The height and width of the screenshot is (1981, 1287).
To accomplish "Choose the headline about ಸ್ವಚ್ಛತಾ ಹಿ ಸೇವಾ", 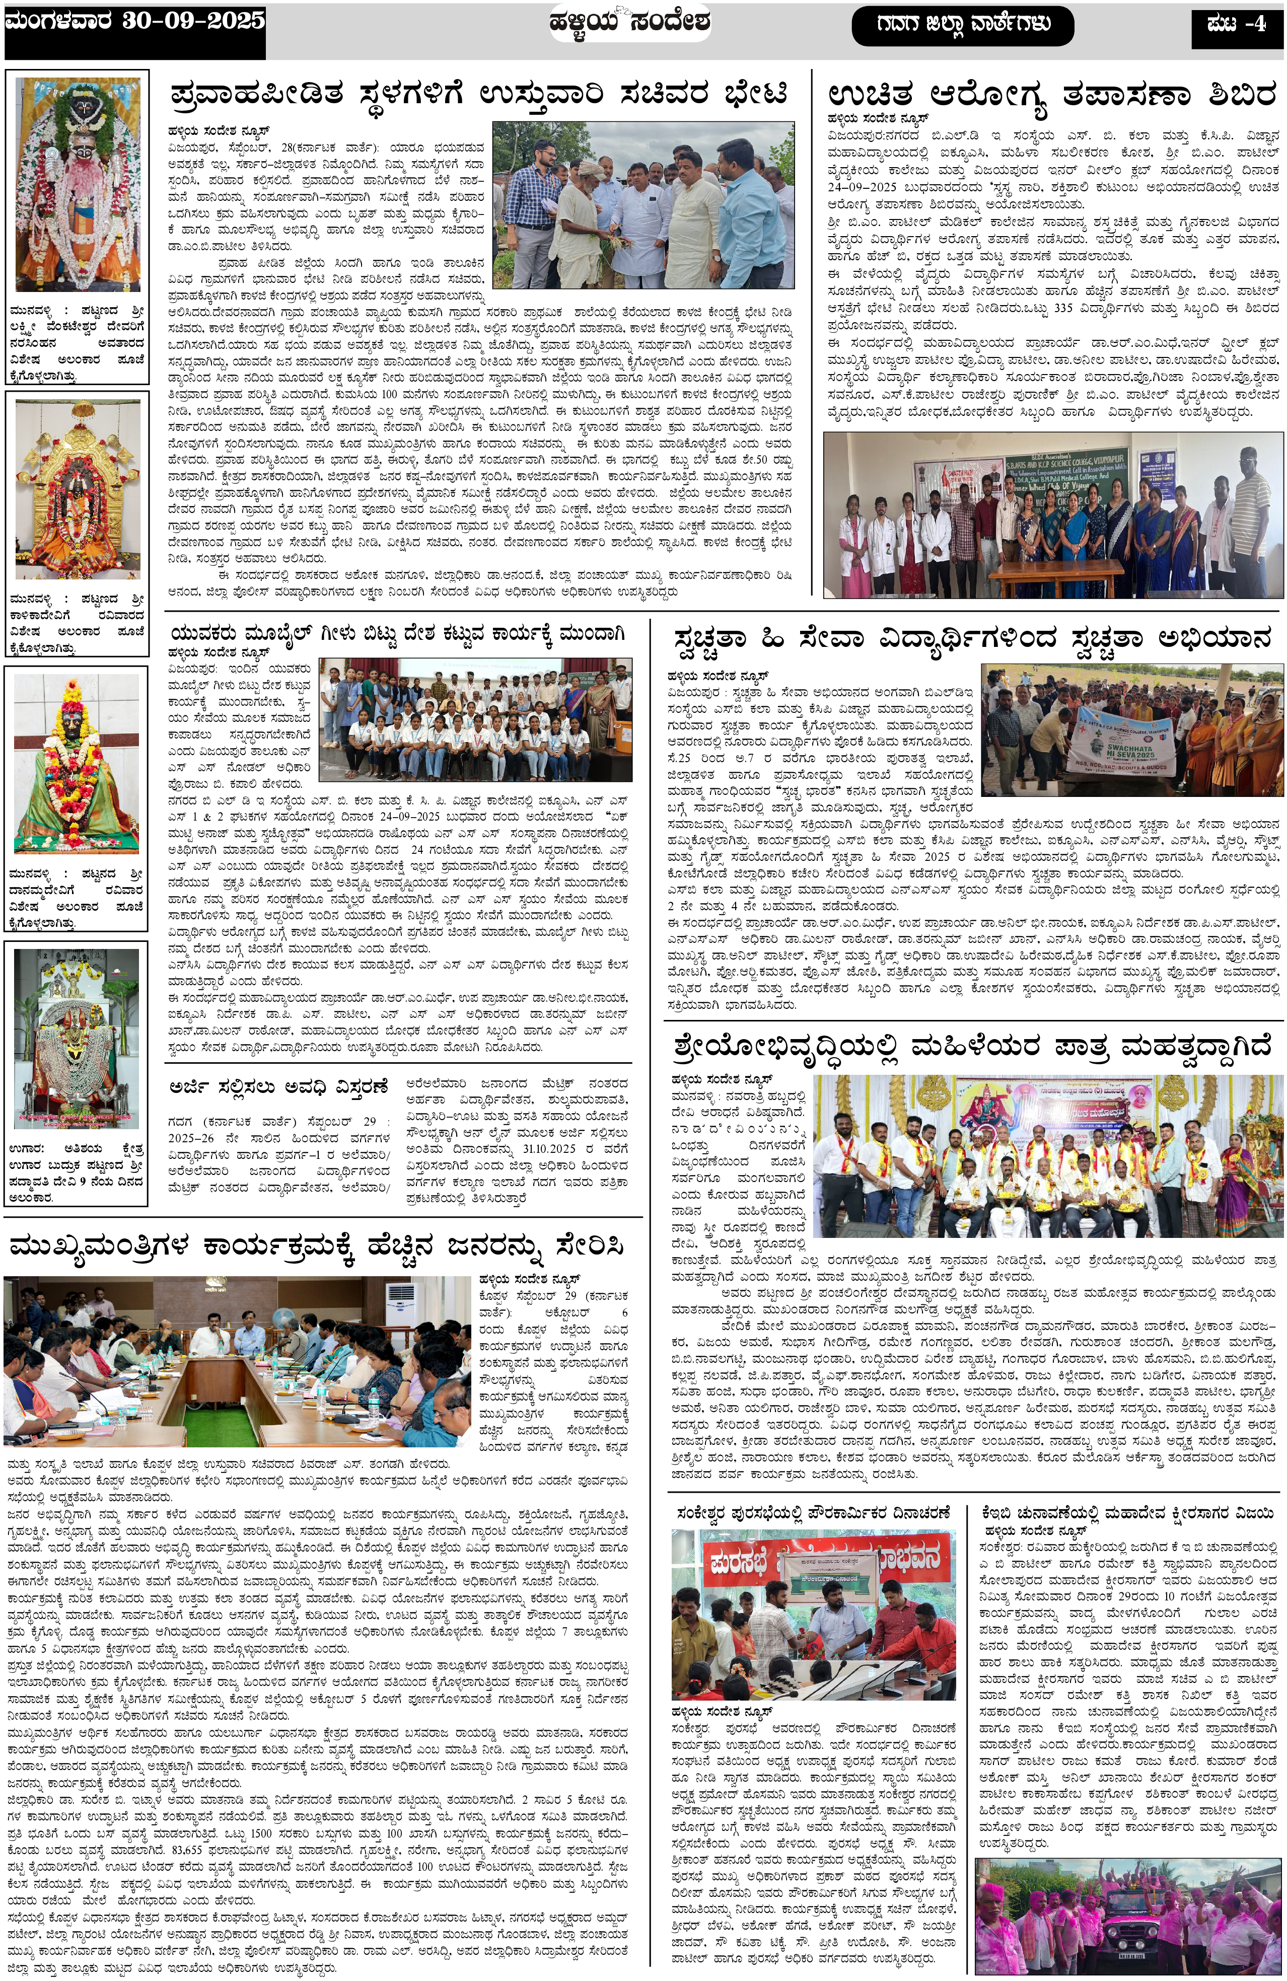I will pyautogui.click(x=972, y=639).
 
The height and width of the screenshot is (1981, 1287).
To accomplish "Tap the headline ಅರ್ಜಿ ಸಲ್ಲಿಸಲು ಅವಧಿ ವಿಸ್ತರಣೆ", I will pyautogui.click(x=279, y=1086).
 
